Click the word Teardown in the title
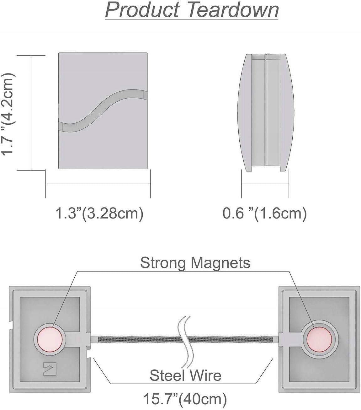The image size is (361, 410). click(x=233, y=10)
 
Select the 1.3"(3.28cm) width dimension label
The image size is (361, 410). click(x=99, y=213)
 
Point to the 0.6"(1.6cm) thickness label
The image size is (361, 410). click(x=264, y=213)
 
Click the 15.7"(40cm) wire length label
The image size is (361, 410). click(x=185, y=399)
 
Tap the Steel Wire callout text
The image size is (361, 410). click(x=185, y=375)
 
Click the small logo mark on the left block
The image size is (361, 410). click(x=46, y=367)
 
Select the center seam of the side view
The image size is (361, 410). click(x=266, y=111)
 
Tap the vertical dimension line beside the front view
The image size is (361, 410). click(x=31, y=113)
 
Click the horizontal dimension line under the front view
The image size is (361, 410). click(x=98, y=184)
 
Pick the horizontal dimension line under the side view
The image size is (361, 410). click(x=265, y=184)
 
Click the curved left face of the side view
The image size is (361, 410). click(x=244, y=111)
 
